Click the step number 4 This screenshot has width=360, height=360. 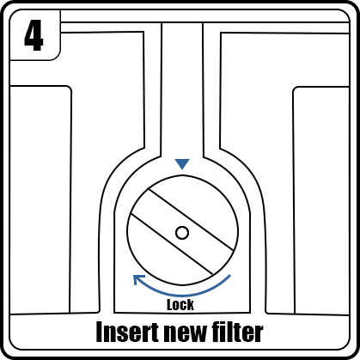(x=34, y=35)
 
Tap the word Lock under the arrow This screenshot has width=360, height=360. (x=180, y=305)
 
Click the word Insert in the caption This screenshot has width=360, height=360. (x=127, y=332)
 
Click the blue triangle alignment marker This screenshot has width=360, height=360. (x=182, y=163)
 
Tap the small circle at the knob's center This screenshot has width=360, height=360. (x=182, y=233)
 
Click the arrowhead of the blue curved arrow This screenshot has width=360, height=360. (x=138, y=279)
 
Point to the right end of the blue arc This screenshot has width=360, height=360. (x=229, y=276)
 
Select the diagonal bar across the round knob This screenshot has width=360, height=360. (x=182, y=231)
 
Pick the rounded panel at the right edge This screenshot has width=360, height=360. (x=321, y=200)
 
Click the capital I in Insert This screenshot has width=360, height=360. (x=100, y=332)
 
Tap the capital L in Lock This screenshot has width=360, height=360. (x=170, y=305)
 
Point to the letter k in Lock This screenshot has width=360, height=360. (x=191, y=305)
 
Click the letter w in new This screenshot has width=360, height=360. (x=196, y=334)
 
